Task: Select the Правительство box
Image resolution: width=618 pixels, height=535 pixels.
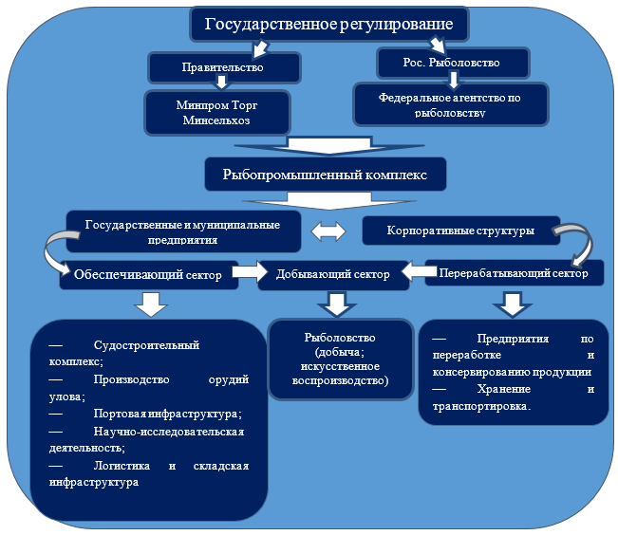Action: click(x=223, y=67)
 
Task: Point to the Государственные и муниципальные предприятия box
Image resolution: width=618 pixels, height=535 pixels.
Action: click(x=183, y=231)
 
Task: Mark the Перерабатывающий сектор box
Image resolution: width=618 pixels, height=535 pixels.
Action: click(x=514, y=273)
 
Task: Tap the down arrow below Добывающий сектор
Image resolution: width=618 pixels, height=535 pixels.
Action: click(x=335, y=304)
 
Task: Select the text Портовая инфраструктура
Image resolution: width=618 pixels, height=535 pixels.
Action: click(x=168, y=414)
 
